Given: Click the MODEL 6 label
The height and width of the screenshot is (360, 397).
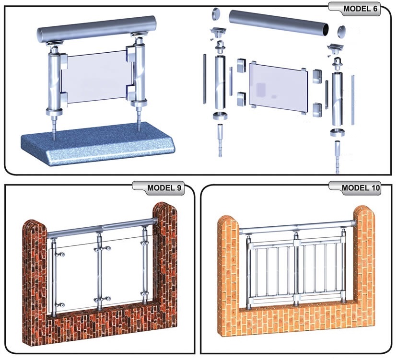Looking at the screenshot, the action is (x=360, y=9).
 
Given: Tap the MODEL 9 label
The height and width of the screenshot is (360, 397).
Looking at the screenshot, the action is (x=164, y=188).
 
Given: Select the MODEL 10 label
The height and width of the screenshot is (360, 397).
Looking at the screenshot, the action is (x=361, y=188).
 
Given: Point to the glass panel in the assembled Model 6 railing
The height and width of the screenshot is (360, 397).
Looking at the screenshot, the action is (x=96, y=77).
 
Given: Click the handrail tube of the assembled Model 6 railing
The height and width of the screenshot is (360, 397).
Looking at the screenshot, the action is (x=96, y=29).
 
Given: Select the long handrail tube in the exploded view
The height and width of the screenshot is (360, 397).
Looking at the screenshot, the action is (x=279, y=23).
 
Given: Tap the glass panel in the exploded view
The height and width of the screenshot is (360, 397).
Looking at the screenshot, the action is (x=278, y=88).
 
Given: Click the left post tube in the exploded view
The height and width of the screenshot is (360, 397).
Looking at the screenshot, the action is (x=220, y=82).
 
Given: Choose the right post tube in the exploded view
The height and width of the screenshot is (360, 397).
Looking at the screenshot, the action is (x=337, y=99).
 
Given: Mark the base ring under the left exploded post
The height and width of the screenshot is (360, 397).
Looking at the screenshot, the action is (x=220, y=116).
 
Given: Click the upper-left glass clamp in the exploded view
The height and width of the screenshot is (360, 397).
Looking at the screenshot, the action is (x=241, y=65).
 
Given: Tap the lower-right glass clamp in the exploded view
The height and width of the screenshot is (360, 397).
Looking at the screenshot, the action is (x=317, y=110).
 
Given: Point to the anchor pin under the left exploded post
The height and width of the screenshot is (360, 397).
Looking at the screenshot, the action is (x=220, y=140).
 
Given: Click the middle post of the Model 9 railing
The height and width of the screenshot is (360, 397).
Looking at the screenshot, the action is (x=99, y=271).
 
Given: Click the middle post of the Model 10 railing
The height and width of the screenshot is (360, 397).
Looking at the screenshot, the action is (x=295, y=268).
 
